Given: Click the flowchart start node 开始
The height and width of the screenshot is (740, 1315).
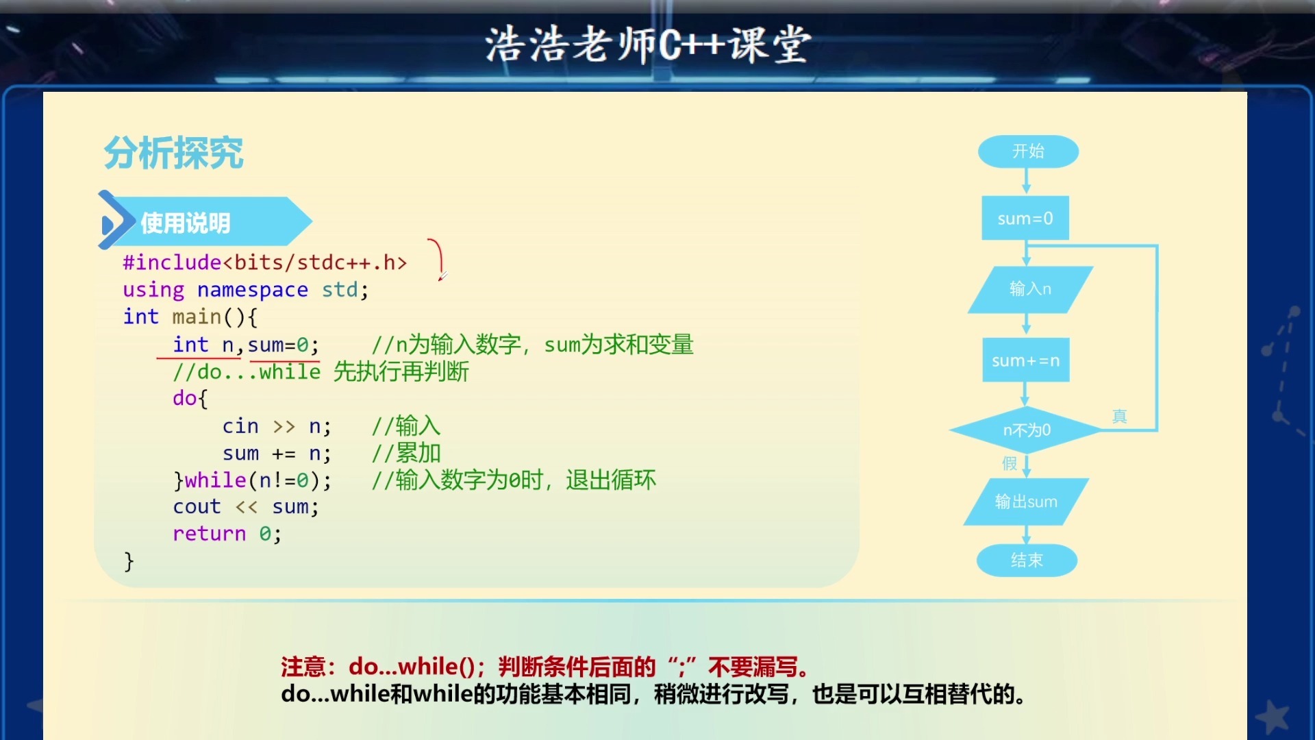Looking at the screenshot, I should [1028, 151].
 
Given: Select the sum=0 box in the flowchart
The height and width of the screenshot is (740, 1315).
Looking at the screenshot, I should [1025, 219].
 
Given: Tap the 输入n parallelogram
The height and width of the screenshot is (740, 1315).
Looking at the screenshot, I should [1029, 289].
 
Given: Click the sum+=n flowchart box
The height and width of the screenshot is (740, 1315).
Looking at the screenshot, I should [1025, 360].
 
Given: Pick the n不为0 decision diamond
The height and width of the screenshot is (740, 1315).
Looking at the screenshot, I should [1026, 430].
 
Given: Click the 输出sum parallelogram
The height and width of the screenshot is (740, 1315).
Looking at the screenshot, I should [1025, 502].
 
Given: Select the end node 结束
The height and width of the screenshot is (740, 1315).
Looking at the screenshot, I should [1027, 560].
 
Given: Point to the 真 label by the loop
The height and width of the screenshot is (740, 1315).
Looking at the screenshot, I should [1119, 417].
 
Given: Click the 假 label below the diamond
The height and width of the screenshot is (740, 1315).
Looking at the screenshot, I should [1010, 464].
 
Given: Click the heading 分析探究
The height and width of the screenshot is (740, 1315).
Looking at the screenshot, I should [174, 153].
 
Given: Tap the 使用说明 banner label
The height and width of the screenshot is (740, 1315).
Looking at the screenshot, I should [186, 223].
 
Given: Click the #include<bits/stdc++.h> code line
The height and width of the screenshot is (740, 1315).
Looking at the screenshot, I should [264, 262].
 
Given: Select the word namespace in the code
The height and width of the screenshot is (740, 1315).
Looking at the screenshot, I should [252, 290].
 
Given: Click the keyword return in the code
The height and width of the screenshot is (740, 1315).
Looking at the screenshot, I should [209, 534].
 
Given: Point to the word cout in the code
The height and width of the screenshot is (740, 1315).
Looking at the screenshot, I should [197, 507].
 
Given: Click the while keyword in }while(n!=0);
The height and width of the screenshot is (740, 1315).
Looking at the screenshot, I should [215, 480].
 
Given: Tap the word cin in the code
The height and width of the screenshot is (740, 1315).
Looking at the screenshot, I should [240, 426].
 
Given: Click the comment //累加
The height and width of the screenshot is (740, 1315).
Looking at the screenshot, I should [406, 454].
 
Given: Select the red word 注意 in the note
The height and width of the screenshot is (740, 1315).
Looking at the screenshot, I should [303, 667].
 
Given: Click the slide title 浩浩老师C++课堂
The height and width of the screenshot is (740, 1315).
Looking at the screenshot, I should [648, 45].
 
